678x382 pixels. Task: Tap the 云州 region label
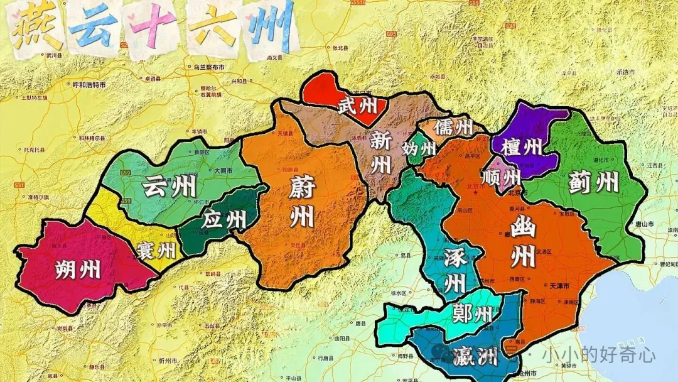pyautogui.click(x=169, y=187)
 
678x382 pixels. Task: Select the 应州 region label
pyautogui.click(x=224, y=220)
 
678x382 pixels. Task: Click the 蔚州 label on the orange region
pyautogui.click(x=301, y=202)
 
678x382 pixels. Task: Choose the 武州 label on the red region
pyautogui.click(x=357, y=106)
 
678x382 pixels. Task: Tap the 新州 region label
pyautogui.click(x=380, y=153)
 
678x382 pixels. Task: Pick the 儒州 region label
pyautogui.click(x=453, y=126)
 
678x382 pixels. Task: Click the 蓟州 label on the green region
pyautogui.click(x=593, y=182)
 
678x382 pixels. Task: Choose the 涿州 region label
pyautogui.click(x=455, y=270)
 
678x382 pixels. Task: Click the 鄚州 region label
pyautogui.click(x=472, y=313)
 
